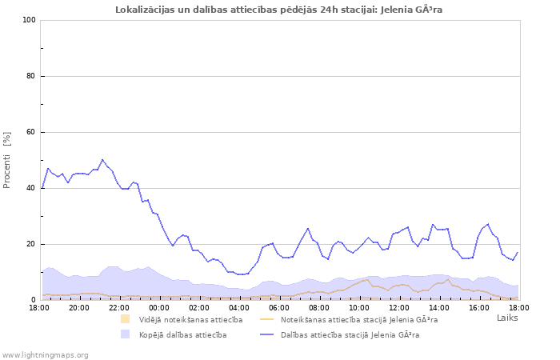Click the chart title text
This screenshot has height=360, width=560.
coord(278,10)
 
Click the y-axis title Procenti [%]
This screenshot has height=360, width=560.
coord(7,160)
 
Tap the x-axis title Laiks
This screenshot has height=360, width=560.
coord(507,318)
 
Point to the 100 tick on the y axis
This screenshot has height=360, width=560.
coord(29,20)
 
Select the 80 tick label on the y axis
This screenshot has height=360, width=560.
coord(31,76)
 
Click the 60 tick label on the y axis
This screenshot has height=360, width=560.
coord(31,132)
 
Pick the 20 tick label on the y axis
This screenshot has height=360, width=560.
coord(31,244)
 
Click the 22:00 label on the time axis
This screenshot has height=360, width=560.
coord(119,307)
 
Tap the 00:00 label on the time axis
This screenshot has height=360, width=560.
coord(159,307)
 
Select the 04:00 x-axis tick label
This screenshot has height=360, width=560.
coord(239,307)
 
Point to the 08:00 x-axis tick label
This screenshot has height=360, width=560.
coord(319,307)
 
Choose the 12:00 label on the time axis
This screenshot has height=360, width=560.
coord(399,307)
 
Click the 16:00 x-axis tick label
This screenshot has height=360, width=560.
coord(479,307)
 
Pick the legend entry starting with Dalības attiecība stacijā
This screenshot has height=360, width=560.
coord(350,334)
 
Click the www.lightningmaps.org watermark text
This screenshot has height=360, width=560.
coord(45,354)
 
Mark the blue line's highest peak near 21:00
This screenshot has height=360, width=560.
coord(102,159)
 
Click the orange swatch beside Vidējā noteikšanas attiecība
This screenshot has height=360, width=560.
coord(126,319)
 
